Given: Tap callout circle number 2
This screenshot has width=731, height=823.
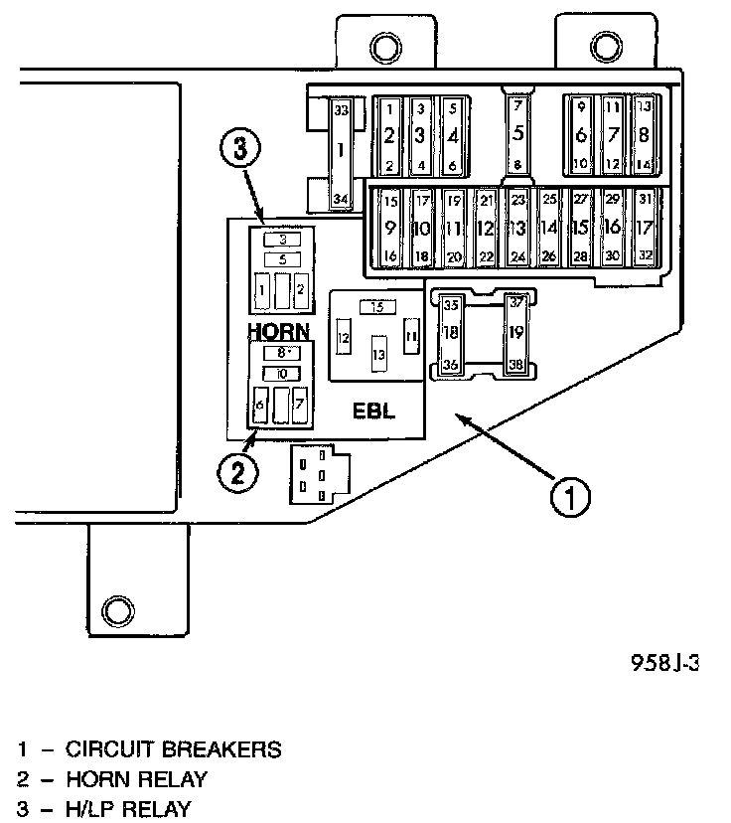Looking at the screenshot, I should (x=238, y=472).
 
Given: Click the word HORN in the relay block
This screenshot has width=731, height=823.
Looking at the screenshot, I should (x=279, y=330).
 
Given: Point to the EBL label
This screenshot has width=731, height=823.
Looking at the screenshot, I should (x=374, y=411).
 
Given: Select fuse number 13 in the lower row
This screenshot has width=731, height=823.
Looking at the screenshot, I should (x=517, y=228).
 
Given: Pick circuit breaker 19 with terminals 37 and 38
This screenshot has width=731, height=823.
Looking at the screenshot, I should (x=515, y=333).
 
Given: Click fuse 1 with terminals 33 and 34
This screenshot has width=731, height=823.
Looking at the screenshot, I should (x=341, y=153).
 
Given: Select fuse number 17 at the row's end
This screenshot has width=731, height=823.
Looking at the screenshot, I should (x=644, y=227).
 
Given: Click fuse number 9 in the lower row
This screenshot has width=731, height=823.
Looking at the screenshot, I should (x=390, y=228).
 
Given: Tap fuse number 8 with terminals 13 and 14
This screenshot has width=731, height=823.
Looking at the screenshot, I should (x=644, y=134).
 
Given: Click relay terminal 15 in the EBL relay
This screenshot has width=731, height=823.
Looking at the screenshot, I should (x=377, y=308).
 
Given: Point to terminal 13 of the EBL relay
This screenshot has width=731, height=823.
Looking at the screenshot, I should (x=378, y=354).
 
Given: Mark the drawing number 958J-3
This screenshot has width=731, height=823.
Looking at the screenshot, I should (x=664, y=661).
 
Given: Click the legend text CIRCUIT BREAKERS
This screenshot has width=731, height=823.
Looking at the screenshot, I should (x=174, y=749).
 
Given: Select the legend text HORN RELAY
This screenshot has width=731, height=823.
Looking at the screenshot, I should (x=137, y=779).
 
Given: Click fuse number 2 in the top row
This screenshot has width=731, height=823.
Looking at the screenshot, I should (x=390, y=135).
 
